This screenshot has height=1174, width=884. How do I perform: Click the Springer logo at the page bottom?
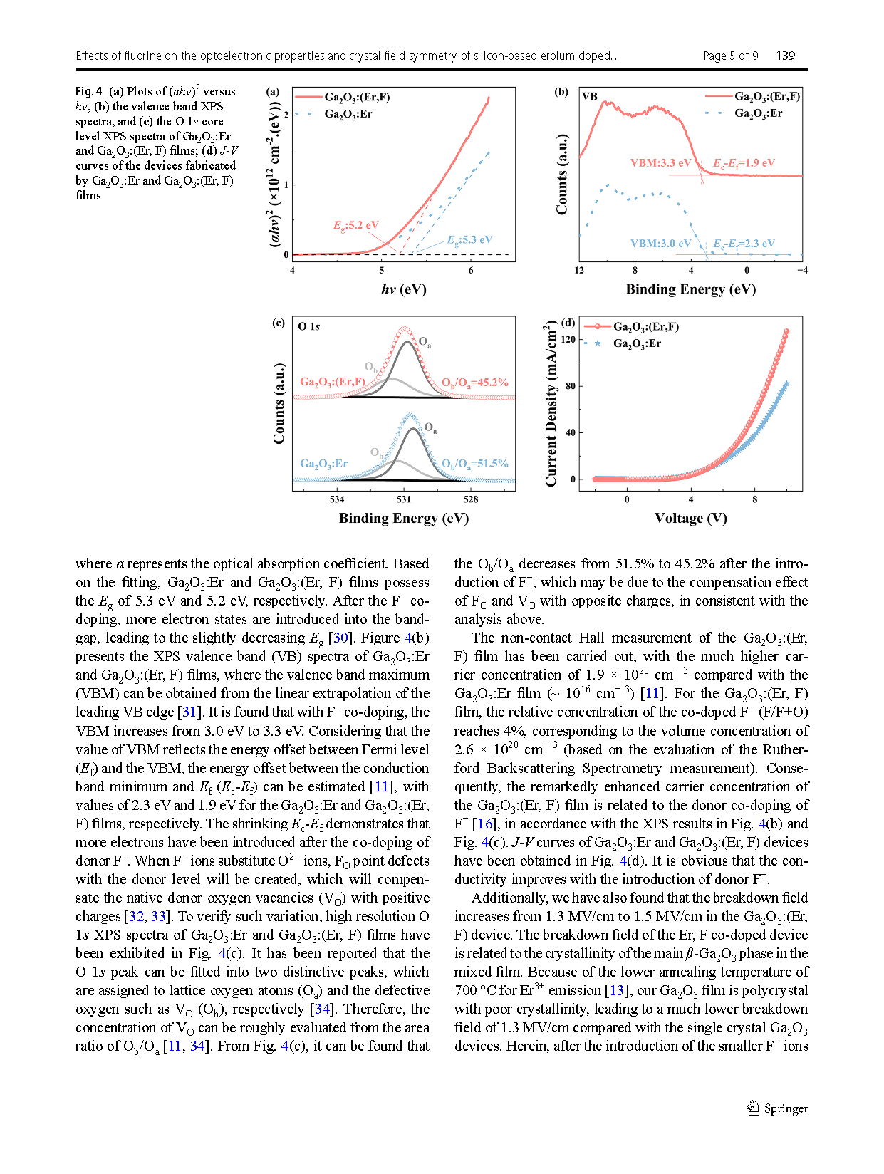tap(777, 1108)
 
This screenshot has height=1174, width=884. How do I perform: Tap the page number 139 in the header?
tap(786, 56)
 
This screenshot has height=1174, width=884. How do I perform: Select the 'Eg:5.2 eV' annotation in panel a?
tap(356, 225)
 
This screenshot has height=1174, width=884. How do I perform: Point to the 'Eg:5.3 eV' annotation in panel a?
tap(469, 240)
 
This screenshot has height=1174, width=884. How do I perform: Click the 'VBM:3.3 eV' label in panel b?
tap(660, 163)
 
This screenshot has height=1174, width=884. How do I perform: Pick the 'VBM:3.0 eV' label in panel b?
tap(660, 244)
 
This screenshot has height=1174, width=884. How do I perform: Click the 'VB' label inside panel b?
tap(590, 96)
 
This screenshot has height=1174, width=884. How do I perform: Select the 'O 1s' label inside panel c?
tap(309, 326)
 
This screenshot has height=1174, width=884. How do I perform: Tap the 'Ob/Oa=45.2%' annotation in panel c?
tap(475, 383)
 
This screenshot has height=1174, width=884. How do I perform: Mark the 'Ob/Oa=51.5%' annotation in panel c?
tap(475, 464)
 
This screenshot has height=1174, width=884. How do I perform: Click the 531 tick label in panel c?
tap(404, 499)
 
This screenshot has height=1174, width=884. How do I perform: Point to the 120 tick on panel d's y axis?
tap(568, 340)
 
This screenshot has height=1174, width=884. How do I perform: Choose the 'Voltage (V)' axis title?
tap(690, 518)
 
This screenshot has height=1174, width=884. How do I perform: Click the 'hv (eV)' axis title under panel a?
tap(403, 289)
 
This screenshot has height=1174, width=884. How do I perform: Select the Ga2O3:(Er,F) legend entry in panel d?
tap(645, 327)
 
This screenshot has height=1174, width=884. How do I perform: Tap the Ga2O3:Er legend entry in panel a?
tap(348, 114)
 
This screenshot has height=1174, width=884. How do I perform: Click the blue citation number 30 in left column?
tap(340, 638)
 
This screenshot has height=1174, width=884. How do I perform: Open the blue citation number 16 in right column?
tap(485, 824)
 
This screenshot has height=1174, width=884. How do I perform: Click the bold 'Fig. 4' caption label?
tap(89, 91)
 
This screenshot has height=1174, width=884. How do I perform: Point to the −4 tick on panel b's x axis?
tap(802, 271)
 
